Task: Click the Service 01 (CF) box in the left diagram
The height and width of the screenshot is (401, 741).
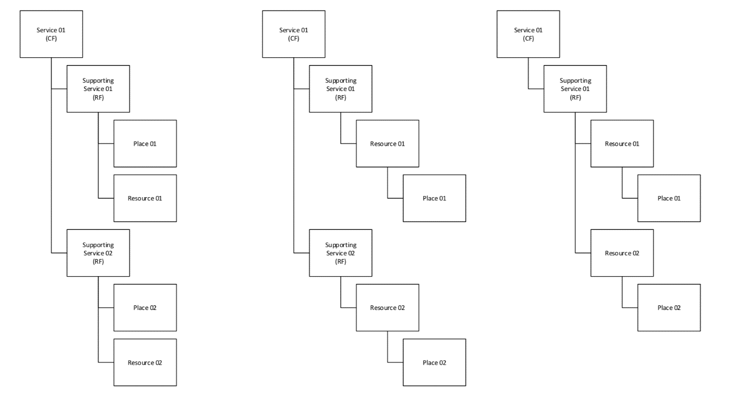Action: [x=51, y=34]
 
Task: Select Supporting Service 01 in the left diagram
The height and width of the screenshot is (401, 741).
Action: [x=98, y=88]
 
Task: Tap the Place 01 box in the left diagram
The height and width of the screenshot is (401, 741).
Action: [x=145, y=144]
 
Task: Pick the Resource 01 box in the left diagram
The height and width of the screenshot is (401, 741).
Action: [x=145, y=198]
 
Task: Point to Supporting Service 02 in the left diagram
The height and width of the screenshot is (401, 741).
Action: [x=98, y=253]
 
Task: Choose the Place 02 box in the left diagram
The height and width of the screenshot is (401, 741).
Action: [x=145, y=307]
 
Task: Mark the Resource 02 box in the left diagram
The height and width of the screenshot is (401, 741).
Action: [x=145, y=362]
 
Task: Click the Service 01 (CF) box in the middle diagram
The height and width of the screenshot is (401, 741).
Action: [x=294, y=34]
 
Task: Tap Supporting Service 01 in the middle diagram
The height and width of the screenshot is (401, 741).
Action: [x=341, y=88]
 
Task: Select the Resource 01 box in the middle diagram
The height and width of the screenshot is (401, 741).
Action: [x=387, y=144]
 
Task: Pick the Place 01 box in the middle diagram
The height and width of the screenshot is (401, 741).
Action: [x=434, y=198]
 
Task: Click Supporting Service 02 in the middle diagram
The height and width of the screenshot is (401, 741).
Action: [x=341, y=253]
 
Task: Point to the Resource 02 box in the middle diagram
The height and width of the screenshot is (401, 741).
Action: [x=387, y=307]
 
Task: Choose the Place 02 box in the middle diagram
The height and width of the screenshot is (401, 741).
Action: [x=434, y=362]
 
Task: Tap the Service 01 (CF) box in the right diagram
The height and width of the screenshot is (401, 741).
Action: [x=528, y=34]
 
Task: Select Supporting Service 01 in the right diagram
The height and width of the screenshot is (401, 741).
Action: [x=575, y=88]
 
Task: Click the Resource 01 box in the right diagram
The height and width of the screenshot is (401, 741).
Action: [x=622, y=144]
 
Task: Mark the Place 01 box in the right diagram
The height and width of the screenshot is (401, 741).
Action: [x=669, y=198]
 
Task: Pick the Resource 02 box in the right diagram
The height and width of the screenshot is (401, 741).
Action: [x=622, y=253]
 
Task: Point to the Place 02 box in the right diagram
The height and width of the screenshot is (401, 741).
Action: [x=669, y=307]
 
